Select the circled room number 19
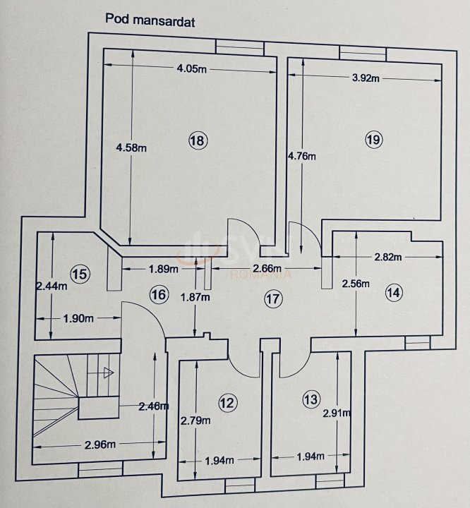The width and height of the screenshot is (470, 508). point(374,140)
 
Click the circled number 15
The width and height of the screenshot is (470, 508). point(80,274)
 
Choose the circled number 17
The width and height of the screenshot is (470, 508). point(273,298)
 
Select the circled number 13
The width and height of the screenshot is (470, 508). point(311,400)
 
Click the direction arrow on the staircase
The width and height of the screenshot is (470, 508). point(108,372)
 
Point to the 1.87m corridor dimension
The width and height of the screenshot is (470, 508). point(195,297)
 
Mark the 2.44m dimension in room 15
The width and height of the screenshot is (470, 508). point(51,286)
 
